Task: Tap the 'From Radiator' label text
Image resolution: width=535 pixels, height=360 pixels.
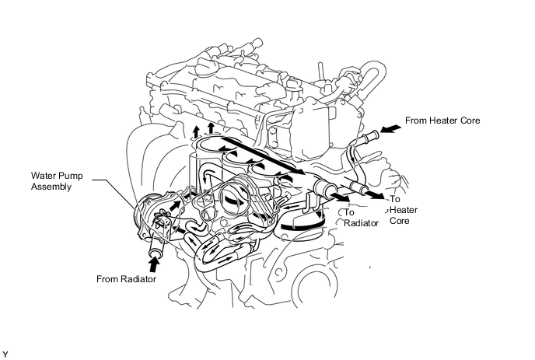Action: coord(128,278)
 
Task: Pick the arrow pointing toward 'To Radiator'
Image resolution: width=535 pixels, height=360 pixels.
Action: coord(337,198)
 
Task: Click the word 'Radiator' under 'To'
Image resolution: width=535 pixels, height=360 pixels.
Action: coord(360,222)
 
